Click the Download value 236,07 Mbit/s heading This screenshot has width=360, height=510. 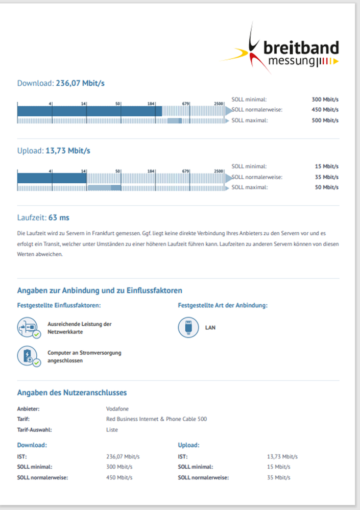pyautogui.click(x=61, y=83)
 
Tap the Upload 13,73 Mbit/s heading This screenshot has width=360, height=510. pyautogui.click(x=54, y=151)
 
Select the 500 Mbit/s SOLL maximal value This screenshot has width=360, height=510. pyautogui.click(x=325, y=120)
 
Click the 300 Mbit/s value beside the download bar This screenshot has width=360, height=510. pyautogui.click(x=325, y=100)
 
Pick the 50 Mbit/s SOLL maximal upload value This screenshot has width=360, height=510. pyautogui.click(x=327, y=187)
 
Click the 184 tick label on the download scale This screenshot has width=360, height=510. pyautogui.click(x=151, y=104)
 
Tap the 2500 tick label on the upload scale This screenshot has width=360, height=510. pyautogui.click(x=219, y=171)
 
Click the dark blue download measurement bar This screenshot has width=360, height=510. pyautogui.click(x=89, y=111)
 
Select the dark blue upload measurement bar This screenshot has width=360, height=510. pyautogui.click(x=52, y=178)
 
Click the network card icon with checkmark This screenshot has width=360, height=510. pyautogui.click(x=29, y=328)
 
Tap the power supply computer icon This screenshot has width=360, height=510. pyautogui.click(x=29, y=356)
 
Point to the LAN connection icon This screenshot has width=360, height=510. pyautogui.click(x=188, y=327)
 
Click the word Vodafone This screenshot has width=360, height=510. pyautogui.click(x=117, y=409)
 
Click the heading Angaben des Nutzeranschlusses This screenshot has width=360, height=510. pyautogui.click(x=72, y=393)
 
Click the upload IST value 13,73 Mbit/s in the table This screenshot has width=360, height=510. pyautogui.click(x=282, y=457)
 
